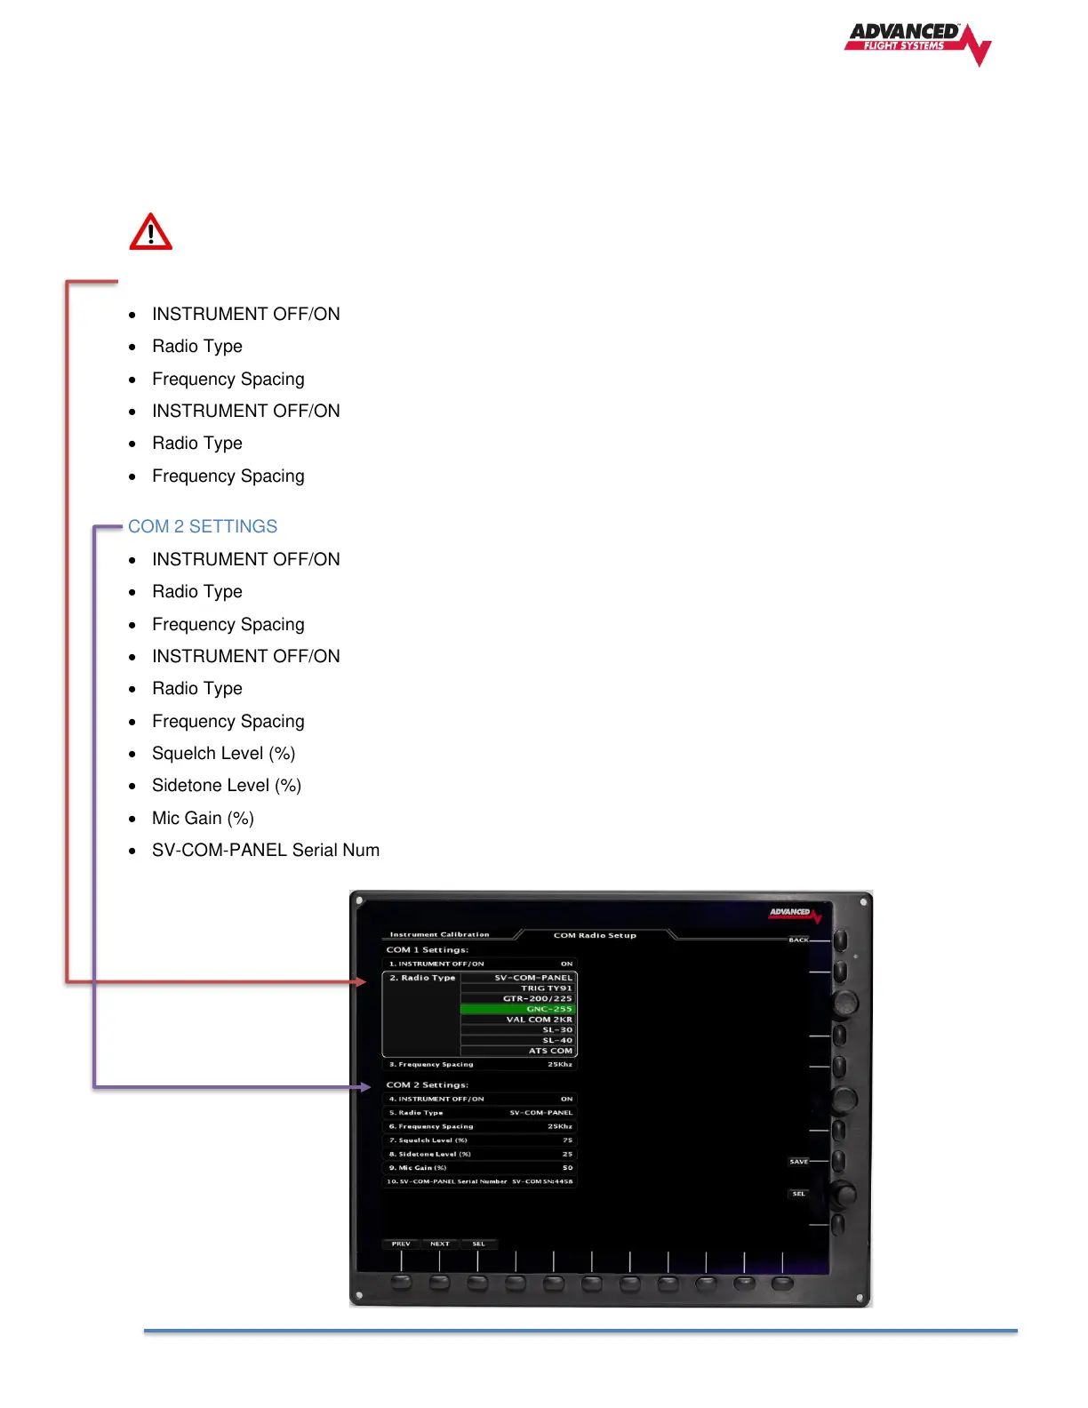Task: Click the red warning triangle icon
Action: click(151, 233)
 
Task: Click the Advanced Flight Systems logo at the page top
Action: click(916, 43)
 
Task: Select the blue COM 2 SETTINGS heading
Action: click(203, 526)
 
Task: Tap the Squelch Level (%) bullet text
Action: click(223, 754)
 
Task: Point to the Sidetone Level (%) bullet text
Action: click(227, 786)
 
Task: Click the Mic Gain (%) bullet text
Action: click(203, 818)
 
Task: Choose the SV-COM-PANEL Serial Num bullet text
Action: click(266, 851)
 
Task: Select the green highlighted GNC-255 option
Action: click(549, 1009)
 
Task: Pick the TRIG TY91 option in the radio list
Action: click(546, 988)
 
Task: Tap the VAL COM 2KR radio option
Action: click(540, 1020)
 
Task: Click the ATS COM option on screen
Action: click(550, 1051)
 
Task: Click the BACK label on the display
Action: click(798, 940)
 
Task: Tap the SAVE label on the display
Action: click(798, 1162)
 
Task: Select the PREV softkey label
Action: click(401, 1244)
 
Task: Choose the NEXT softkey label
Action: click(439, 1244)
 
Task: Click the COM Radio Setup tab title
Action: click(595, 935)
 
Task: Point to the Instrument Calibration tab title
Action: click(439, 935)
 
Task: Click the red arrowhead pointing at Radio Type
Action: click(360, 981)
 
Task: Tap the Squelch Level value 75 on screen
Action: click(567, 1140)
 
